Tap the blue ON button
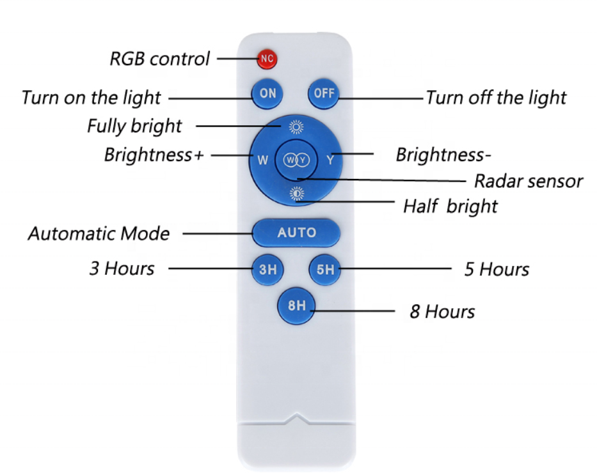(x=267, y=93)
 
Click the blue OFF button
(x=324, y=93)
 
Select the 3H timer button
(x=267, y=270)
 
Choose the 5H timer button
(x=325, y=270)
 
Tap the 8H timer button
(x=296, y=306)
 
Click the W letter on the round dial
(x=263, y=160)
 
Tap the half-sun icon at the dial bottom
(x=296, y=194)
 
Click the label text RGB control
(x=159, y=59)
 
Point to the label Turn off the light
(x=496, y=98)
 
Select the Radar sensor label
(x=528, y=181)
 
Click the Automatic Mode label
(x=99, y=233)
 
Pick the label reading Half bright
(x=450, y=206)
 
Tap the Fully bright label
(x=134, y=126)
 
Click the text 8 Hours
(x=442, y=312)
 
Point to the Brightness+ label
(x=153, y=155)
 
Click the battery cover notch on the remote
(x=296, y=419)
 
